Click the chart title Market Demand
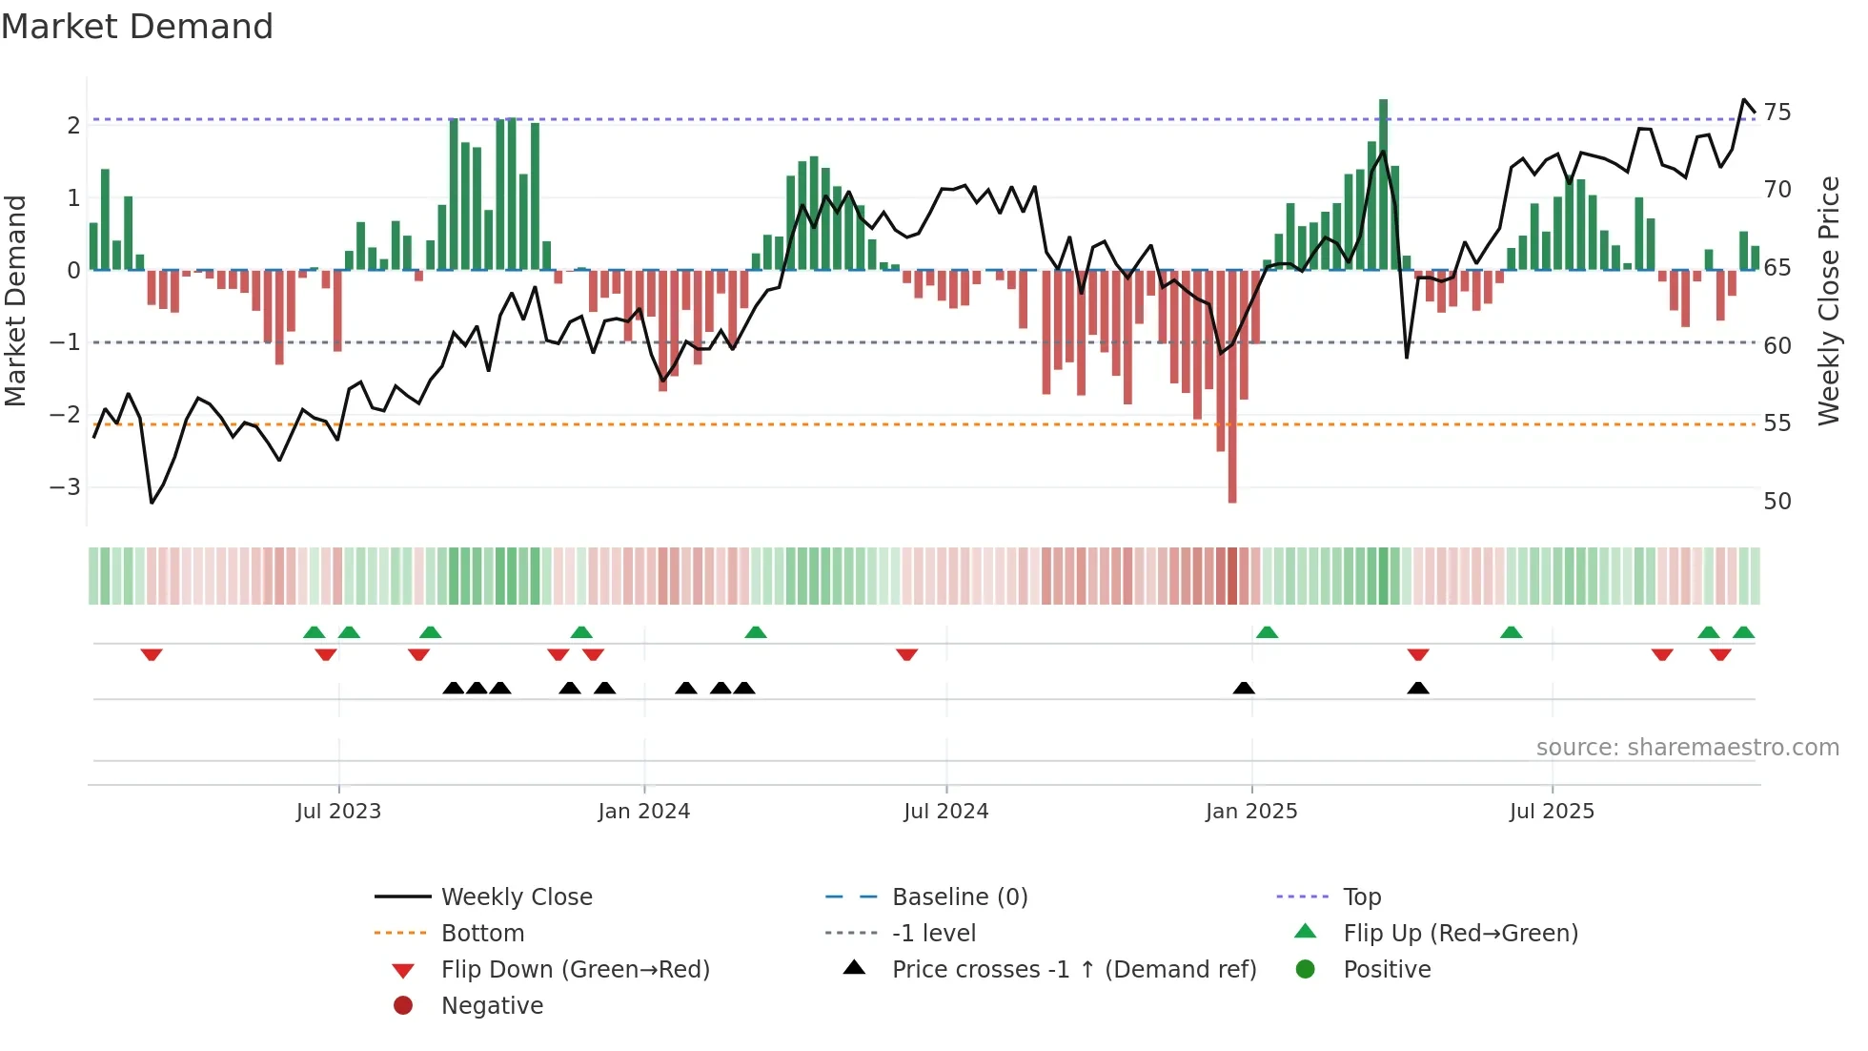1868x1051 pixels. (x=137, y=27)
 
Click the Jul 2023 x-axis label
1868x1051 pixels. (x=338, y=812)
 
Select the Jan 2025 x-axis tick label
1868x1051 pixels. (x=1250, y=812)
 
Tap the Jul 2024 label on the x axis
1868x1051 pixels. (x=945, y=812)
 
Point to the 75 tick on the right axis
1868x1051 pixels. (x=1777, y=113)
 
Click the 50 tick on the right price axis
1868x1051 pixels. (x=1777, y=502)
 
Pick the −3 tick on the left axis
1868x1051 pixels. (x=65, y=487)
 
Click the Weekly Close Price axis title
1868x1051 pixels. (x=1828, y=300)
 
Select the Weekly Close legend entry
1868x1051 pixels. (x=516, y=897)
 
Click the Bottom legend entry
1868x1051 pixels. (x=482, y=934)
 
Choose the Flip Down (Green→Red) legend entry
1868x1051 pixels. (x=575, y=970)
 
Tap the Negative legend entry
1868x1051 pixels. (x=492, y=1006)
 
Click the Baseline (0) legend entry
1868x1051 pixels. (x=959, y=897)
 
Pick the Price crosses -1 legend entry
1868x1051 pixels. (x=1073, y=970)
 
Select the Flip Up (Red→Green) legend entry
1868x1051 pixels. (x=1460, y=934)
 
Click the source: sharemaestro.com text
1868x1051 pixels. (x=1687, y=748)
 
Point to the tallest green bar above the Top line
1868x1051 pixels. (x=1383, y=181)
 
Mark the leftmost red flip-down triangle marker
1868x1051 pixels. (x=152, y=655)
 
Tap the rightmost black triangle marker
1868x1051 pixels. (x=1418, y=688)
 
